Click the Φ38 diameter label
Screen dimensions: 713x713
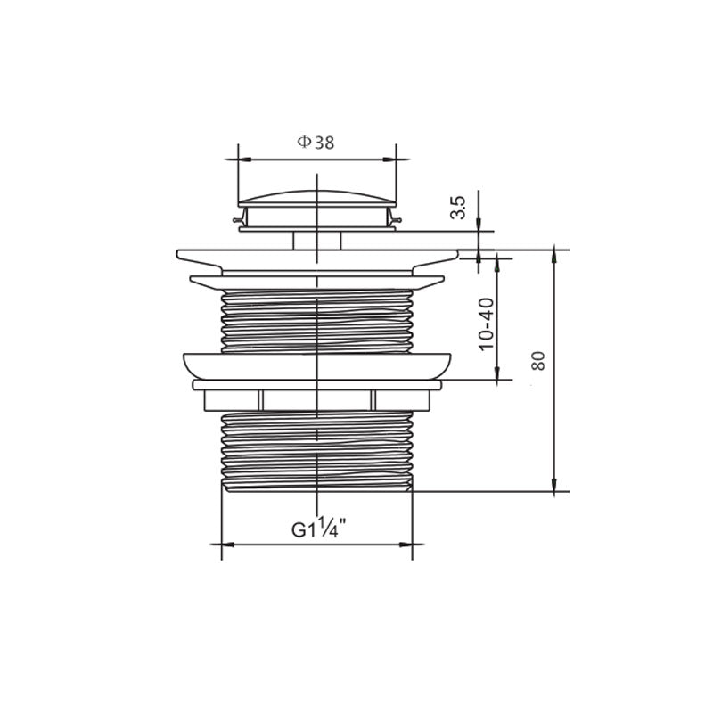pos(316,143)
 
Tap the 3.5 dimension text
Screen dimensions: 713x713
pos(459,208)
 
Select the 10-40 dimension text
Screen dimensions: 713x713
pos(487,324)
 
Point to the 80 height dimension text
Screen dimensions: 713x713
pos(538,361)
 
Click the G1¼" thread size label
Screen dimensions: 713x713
pos(318,529)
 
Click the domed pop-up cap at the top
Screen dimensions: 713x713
pos(317,198)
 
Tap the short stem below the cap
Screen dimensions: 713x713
pos(317,241)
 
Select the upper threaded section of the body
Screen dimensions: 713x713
pos(317,321)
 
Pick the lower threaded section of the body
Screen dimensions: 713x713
pos(317,451)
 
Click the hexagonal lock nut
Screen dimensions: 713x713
pos(317,400)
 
